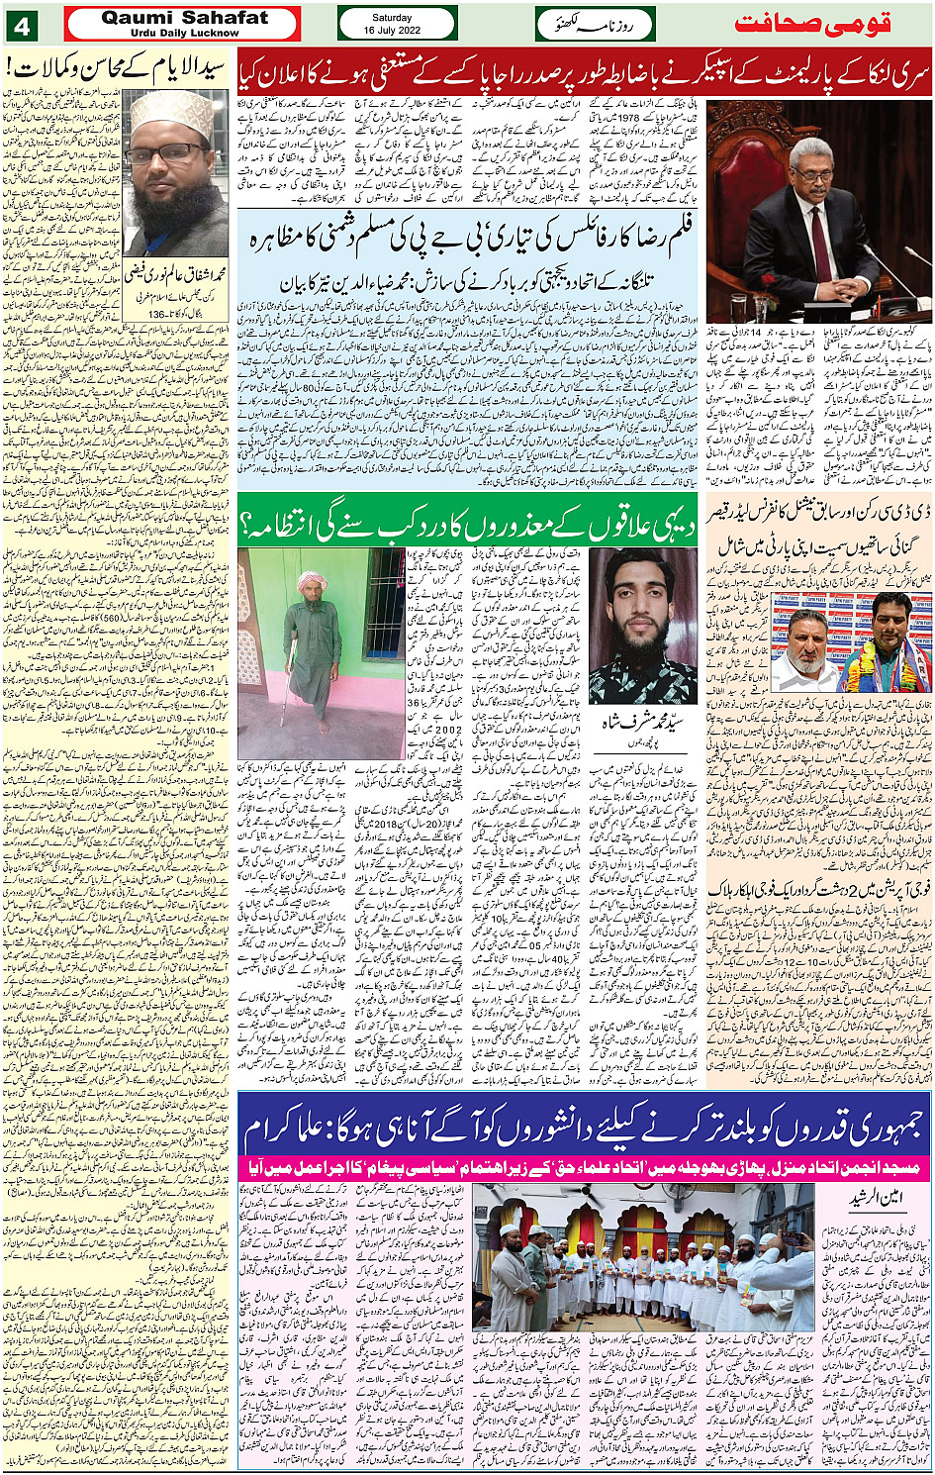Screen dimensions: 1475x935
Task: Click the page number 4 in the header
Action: (x=22, y=24)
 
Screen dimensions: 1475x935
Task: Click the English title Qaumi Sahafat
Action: (x=184, y=17)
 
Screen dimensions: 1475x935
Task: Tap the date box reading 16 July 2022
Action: (x=397, y=23)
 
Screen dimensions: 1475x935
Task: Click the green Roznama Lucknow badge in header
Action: (x=595, y=23)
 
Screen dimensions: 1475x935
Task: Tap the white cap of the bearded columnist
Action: (x=172, y=112)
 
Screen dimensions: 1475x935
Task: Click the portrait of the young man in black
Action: (x=642, y=626)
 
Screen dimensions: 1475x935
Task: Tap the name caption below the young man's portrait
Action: (x=644, y=724)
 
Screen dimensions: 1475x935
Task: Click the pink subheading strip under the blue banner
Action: (x=584, y=1168)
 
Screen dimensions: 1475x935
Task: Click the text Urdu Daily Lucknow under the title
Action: (x=184, y=33)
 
